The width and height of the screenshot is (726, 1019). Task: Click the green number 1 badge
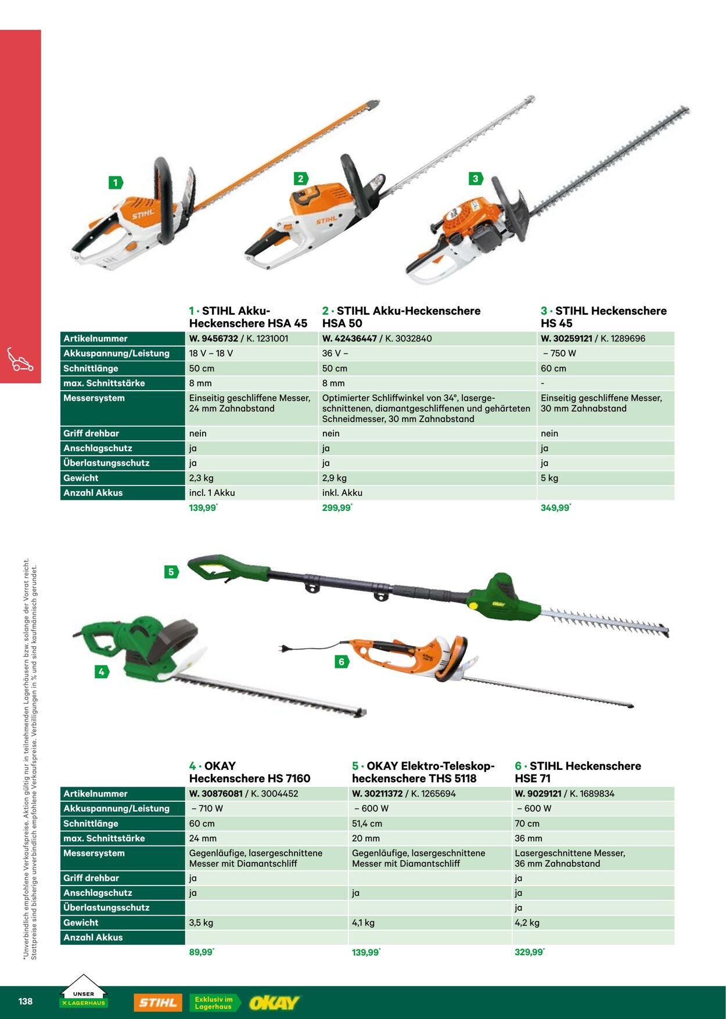click(x=116, y=183)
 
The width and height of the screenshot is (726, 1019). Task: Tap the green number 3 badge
click(x=475, y=179)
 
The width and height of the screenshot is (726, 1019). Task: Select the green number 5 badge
click(x=171, y=572)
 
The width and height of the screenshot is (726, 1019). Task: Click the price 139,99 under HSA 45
click(x=202, y=508)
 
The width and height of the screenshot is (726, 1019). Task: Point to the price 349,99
click(x=555, y=508)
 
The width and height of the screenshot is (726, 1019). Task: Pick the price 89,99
click(x=200, y=952)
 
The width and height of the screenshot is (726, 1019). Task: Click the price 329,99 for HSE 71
click(x=529, y=952)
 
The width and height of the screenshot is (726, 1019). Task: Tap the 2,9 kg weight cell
click(x=335, y=478)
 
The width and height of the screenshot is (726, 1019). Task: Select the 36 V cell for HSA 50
click(x=335, y=353)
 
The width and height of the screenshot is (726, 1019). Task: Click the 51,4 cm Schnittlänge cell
click(x=367, y=823)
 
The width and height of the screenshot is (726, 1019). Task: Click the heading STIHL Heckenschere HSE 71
click(x=577, y=772)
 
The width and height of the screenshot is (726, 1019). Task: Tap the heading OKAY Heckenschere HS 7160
click(x=249, y=772)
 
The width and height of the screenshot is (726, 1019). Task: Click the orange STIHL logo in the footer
click(x=157, y=1003)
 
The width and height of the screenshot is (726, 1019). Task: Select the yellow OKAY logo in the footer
click(x=274, y=1003)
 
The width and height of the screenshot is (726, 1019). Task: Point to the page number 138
click(x=26, y=1002)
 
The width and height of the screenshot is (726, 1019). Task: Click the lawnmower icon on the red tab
click(x=20, y=359)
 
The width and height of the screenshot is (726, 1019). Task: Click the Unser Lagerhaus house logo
click(x=84, y=992)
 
